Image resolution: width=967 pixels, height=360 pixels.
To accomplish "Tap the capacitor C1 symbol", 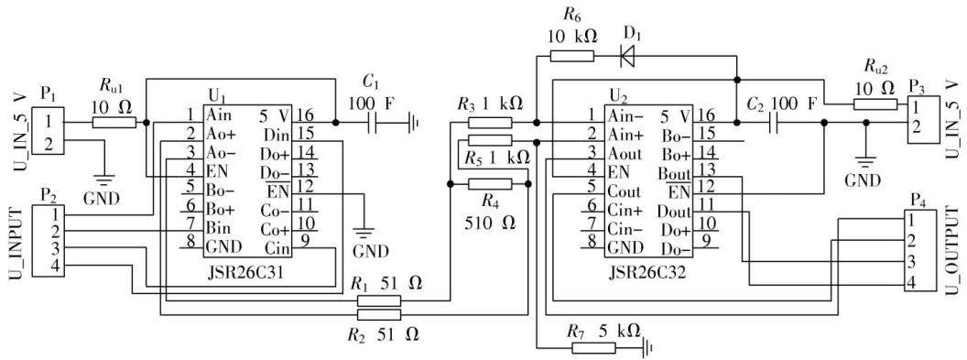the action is (373, 123).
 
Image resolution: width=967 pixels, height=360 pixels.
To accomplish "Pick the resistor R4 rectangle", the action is (490, 184).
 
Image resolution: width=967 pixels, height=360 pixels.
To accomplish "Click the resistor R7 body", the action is (593, 347).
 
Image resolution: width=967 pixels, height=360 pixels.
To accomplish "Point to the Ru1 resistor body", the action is (114, 123).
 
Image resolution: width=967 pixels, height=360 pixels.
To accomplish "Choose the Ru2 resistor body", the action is (875, 104).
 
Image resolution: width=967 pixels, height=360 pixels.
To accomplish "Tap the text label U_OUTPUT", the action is (952, 251).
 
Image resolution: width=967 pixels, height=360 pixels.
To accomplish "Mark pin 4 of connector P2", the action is (56, 265).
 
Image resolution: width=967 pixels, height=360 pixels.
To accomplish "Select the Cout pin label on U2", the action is (625, 191).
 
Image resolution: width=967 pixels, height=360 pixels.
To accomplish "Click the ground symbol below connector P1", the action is (104, 180).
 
